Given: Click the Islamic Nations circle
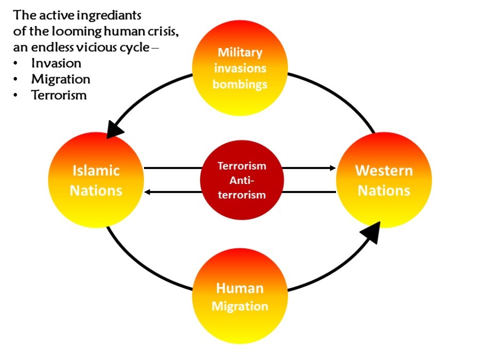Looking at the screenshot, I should (96, 180).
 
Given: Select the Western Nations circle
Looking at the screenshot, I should (384, 180).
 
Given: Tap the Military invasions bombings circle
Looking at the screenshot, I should (240, 68).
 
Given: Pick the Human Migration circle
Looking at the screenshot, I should (240, 297).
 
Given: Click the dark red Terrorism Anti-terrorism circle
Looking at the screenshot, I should (241, 180).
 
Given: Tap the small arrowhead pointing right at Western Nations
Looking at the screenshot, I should (333, 168).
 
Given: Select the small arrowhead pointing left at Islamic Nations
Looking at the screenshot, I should (148, 191).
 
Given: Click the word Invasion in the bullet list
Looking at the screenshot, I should (56, 63).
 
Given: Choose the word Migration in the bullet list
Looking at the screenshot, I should (60, 79).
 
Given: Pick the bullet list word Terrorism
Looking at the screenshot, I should (59, 95).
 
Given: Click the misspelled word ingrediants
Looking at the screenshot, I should (111, 14).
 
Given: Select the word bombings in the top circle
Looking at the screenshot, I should (240, 84).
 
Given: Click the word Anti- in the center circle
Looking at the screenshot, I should (241, 180).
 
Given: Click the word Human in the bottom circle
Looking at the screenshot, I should (239, 289).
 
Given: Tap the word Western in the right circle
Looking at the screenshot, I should (384, 171).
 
